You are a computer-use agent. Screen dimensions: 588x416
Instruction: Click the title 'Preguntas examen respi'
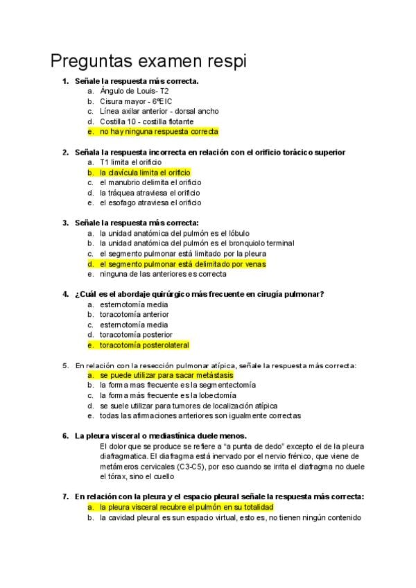[x=148, y=61]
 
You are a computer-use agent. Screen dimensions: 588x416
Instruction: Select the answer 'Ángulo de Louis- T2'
[x=135, y=91]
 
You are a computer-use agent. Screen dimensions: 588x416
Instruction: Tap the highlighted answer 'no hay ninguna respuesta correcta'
[x=159, y=131]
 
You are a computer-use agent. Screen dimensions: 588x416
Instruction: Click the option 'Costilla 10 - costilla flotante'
[x=146, y=121]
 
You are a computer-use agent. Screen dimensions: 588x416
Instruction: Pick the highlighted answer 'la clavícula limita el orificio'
[x=145, y=172]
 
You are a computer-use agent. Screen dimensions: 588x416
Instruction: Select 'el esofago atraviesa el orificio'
[x=150, y=202]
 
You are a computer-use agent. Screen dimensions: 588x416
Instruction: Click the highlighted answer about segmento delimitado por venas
[x=182, y=263]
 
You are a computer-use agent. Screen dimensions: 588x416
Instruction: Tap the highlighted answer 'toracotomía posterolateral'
[x=144, y=345]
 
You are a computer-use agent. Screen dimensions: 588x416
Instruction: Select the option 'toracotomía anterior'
[x=134, y=314]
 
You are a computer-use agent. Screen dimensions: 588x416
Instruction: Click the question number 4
[x=65, y=294]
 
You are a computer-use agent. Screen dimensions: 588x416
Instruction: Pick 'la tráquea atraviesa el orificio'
[x=150, y=193]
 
